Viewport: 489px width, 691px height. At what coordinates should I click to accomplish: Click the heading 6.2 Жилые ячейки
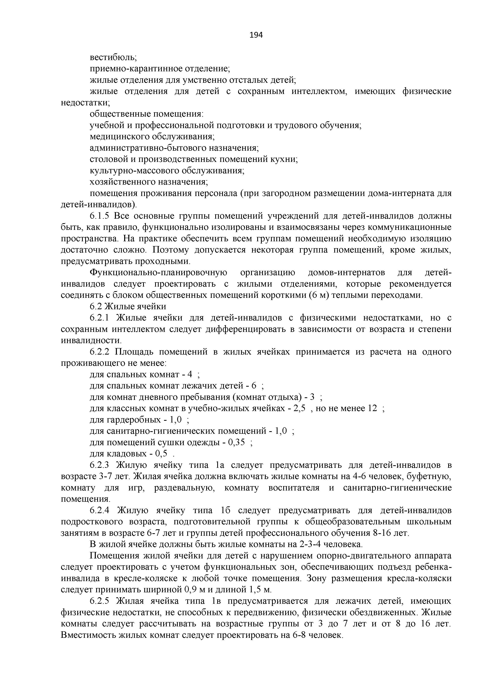pyautogui.click(x=128, y=306)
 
